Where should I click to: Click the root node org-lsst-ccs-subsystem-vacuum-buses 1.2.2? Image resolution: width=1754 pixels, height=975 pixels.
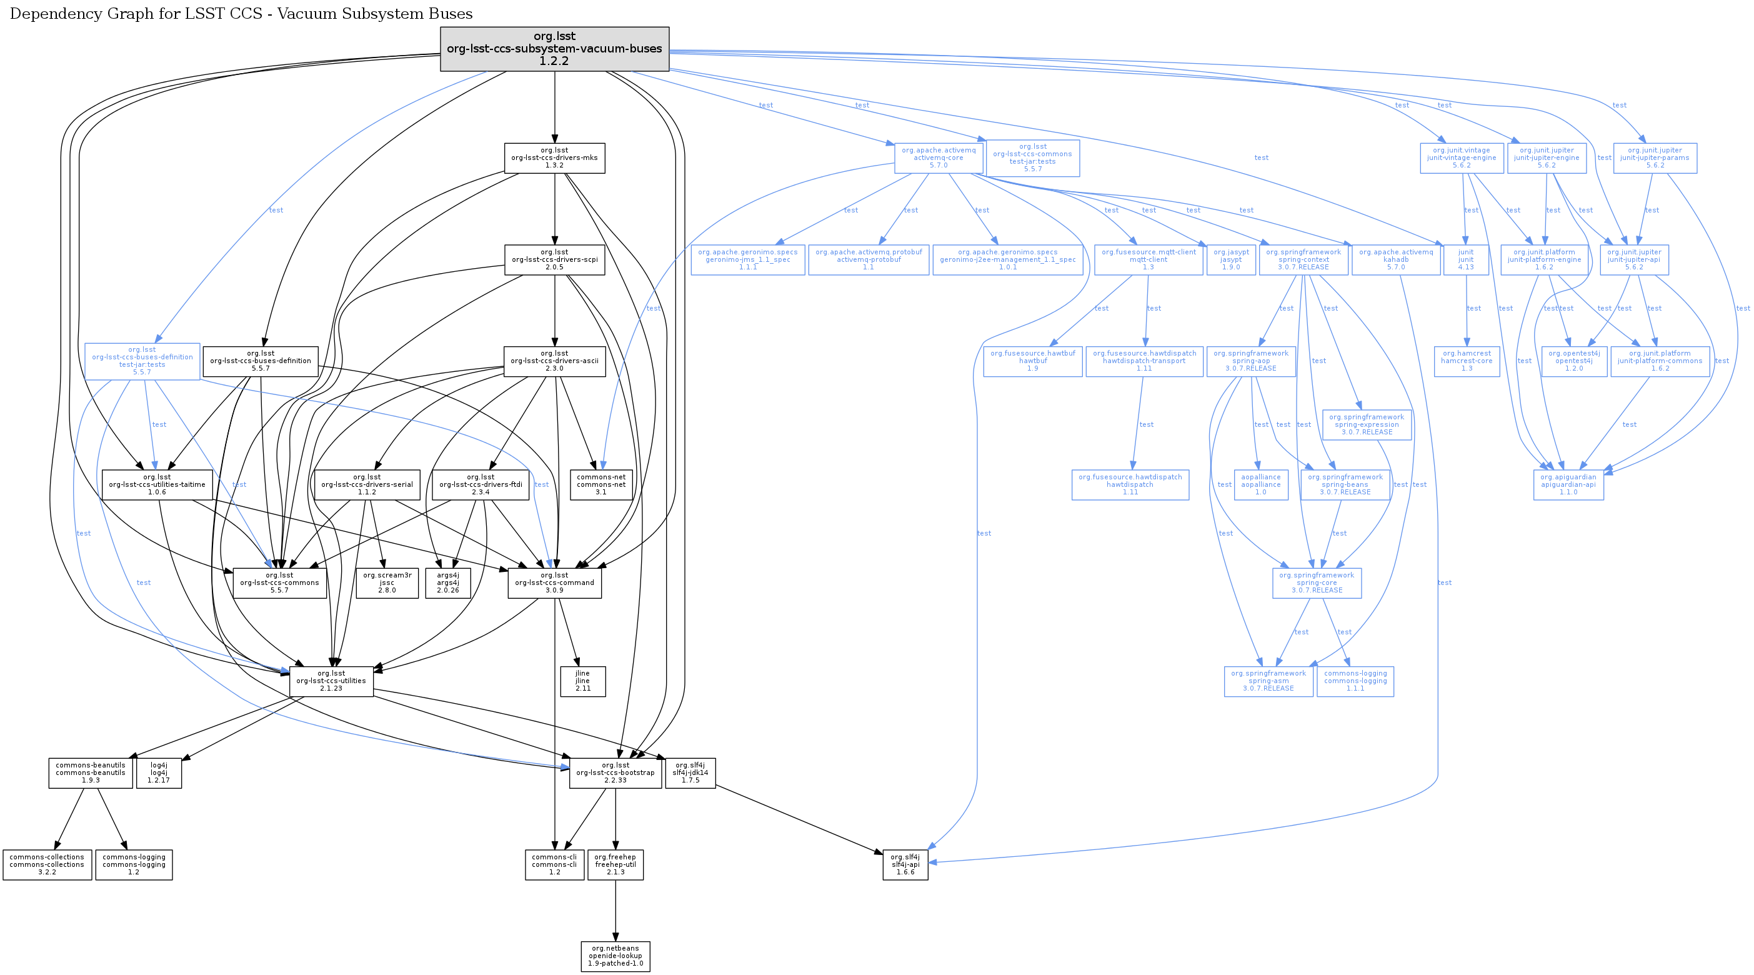[x=554, y=48]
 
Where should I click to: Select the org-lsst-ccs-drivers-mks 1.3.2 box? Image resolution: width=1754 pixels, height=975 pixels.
[x=554, y=158]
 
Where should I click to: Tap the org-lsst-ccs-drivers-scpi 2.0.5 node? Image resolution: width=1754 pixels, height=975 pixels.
[x=554, y=259]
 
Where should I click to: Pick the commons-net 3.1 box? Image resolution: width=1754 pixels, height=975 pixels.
[x=600, y=485]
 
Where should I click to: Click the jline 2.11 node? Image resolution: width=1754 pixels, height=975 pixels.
[x=582, y=681]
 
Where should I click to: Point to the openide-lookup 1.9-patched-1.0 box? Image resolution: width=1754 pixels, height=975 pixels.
[x=615, y=956]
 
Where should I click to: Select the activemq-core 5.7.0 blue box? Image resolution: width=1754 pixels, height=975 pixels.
[x=939, y=158]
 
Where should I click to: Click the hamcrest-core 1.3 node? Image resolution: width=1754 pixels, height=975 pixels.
[x=1466, y=361]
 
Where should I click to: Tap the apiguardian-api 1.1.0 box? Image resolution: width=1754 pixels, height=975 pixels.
[x=1568, y=485]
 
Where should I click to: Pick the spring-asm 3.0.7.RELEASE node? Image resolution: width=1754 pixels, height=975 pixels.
[x=1268, y=681]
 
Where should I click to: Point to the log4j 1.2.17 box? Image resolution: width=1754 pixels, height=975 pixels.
[x=159, y=772]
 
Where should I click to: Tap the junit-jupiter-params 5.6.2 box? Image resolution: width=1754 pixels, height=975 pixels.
[x=1655, y=158]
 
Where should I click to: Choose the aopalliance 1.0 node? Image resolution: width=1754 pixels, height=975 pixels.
[x=1260, y=485]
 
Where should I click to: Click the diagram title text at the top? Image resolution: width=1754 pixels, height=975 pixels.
[x=241, y=14]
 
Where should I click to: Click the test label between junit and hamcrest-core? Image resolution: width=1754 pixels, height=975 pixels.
[x=1473, y=308]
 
